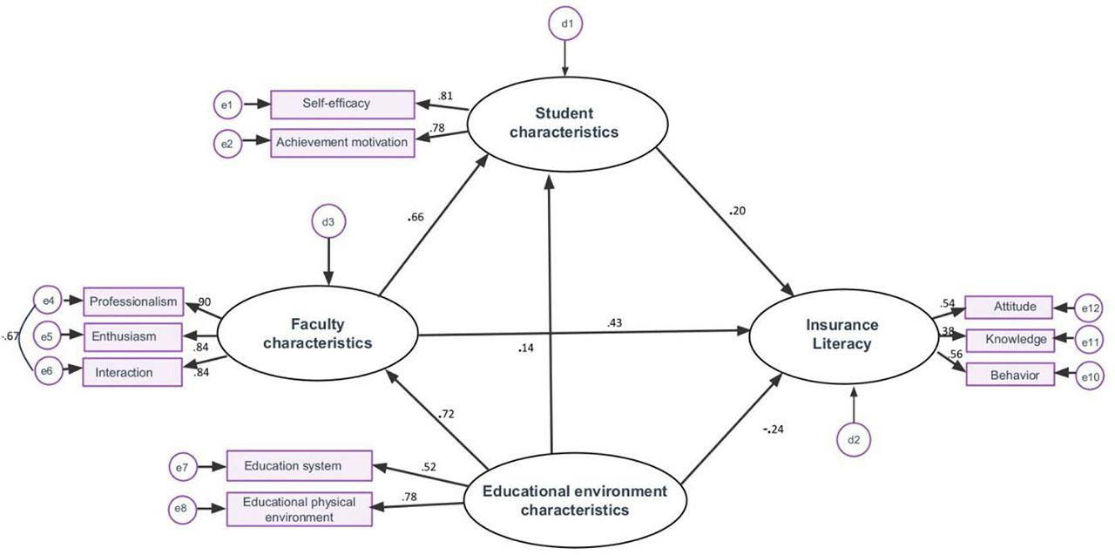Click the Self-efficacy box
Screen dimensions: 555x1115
click(x=341, y=105)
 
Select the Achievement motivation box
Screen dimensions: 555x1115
click(x=341, y=143)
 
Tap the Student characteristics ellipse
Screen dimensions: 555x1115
click(x=564, y=123)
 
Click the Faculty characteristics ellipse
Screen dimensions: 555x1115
click(x=317, y=333)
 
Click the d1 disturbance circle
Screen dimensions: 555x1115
click(x=565, y=24)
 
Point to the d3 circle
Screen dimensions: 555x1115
click(x=328, y=223)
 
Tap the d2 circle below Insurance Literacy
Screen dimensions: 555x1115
click(x=854, y=442)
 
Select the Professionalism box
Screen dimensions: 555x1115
click(x=133, y=301)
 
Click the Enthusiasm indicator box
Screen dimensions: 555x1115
click(x=133, y=336)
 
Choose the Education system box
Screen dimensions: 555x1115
click(x=299, y=466)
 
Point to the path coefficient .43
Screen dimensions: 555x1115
click(x=616, y=324)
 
